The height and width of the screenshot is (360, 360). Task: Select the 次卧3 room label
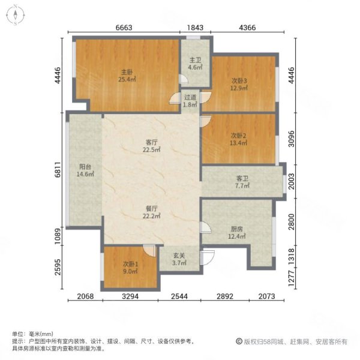pos(240,80)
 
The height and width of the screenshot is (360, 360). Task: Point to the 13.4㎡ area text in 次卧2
pos(239,143)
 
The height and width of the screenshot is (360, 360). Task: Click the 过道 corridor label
pos(190,97)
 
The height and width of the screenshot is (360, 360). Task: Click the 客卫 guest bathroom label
pos(242,178)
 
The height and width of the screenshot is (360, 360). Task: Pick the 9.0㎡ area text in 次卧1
pos(130,272)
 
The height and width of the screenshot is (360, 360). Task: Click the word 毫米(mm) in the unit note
pos(41,334)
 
